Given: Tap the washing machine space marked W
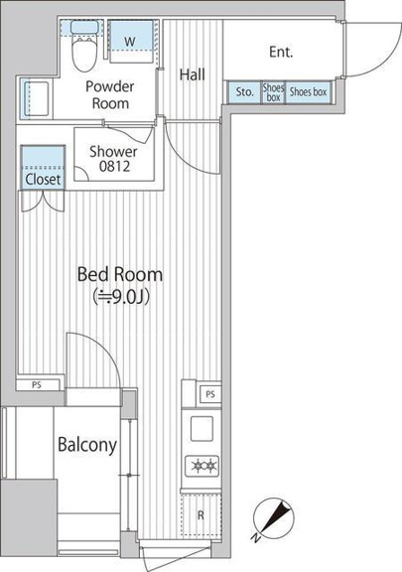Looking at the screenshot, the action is pyautogui.click(x=130, y=41).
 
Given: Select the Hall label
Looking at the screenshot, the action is pyautogui.click(x=193, y=74).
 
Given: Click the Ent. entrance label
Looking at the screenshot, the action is pyautogui.click(x=281, y=52).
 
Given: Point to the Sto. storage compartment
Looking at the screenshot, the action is pyautogui.click(x=244, y=92).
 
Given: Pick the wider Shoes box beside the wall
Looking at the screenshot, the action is pyautogui.click(x=309, y=92).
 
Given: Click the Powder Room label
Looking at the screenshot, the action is pyautogui.click(x=110, y=95).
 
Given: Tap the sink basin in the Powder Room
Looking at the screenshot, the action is pyautogui.click(x=36, y=98).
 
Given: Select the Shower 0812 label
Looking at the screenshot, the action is pyautogui.click(x=114, y=159).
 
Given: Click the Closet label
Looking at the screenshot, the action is pyautogui.click(x=43, y=180).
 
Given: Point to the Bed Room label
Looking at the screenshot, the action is pyautogui.click(x=120, y=274).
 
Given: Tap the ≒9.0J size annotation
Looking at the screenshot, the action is pyautogui.click(x=121, y=297).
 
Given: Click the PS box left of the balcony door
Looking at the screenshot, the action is pyautogui.click(x=37, y=385).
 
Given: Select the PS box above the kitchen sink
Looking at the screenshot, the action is pyautogui.click(x=210, y=394).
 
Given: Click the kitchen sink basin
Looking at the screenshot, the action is pyautogui.click(x=201, y=429).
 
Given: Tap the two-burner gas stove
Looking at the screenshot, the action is pyautogui.click(x=202, y=466).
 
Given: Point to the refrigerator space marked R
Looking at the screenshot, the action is pyautogui.click(x=201, y=514).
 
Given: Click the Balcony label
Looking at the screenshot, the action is pyautogui.click(x=87, y=445).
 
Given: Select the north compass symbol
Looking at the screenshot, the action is pyautogui.click(x=274, y=519).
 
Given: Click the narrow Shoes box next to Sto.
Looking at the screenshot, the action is pyautogui.click(x=273, y=92).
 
